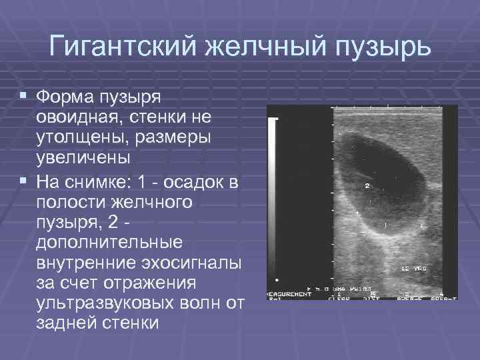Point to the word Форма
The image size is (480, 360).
(65, 98)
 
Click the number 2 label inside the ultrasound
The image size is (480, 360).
(367, 187)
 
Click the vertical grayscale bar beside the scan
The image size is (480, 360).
(273, 200)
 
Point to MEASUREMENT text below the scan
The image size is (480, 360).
(289, 293)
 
